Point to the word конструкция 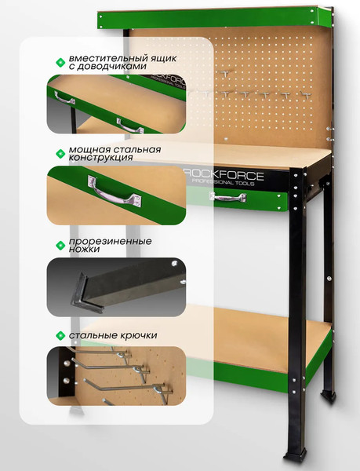click(x=101, y=158)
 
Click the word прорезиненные click(x=110, y=242)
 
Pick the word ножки click(x=84, y=250)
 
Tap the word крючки click(x=139, y=335)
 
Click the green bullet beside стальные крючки click(x=60, y=335)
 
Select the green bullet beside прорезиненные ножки click(x=60, y=246)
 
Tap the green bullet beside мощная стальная click(x=60, y=154)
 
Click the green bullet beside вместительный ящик click(x=60, y=63)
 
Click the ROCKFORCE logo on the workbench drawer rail click(x=224, y=175)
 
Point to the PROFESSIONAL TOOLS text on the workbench click(x=223, y=182)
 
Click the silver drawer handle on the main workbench click(x=228, y=197)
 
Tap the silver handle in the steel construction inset click(x=115, y=192)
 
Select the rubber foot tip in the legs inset click(x=85, y=293)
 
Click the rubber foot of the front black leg click(x=296, y=456)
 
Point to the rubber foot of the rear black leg click(x=328, y=396)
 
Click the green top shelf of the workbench click(x=214, y=18)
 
